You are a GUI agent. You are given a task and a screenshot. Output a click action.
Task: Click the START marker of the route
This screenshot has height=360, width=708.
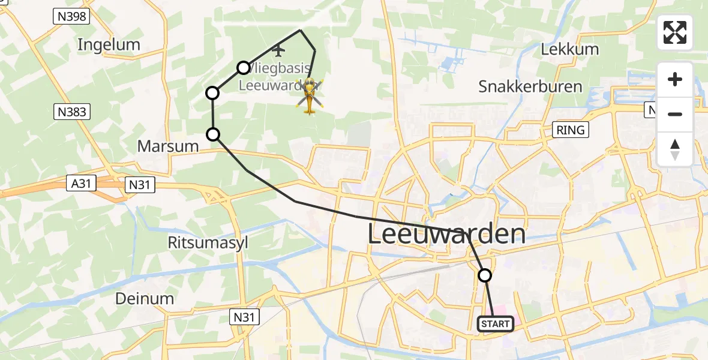(x=495, y=324)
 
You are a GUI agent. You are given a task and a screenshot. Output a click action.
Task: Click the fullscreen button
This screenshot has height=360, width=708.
(x=675, y=32)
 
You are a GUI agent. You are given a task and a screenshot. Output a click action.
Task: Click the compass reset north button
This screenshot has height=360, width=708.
(x=675, y=149)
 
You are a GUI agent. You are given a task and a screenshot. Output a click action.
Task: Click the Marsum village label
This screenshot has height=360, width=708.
(x=168, y=146)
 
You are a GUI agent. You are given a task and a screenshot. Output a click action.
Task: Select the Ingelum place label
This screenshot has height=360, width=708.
(x=109, y=44)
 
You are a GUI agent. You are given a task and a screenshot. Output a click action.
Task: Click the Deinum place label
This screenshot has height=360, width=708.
(x=145, y=298)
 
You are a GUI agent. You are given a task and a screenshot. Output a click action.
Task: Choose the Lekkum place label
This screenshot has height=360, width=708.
(x=571, y=49)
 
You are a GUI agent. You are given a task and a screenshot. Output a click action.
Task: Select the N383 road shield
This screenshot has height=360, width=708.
(x=72, y=111)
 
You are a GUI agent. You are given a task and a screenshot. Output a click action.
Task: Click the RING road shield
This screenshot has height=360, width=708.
(x=569, y=129)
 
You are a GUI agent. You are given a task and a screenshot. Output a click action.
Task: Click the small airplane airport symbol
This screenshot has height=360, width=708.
(x=277, y=50)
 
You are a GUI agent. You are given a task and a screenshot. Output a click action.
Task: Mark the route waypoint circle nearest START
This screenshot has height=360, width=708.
(x=485, y=275)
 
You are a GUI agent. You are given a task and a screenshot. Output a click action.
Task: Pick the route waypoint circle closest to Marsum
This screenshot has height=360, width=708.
(x=213, y=134)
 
